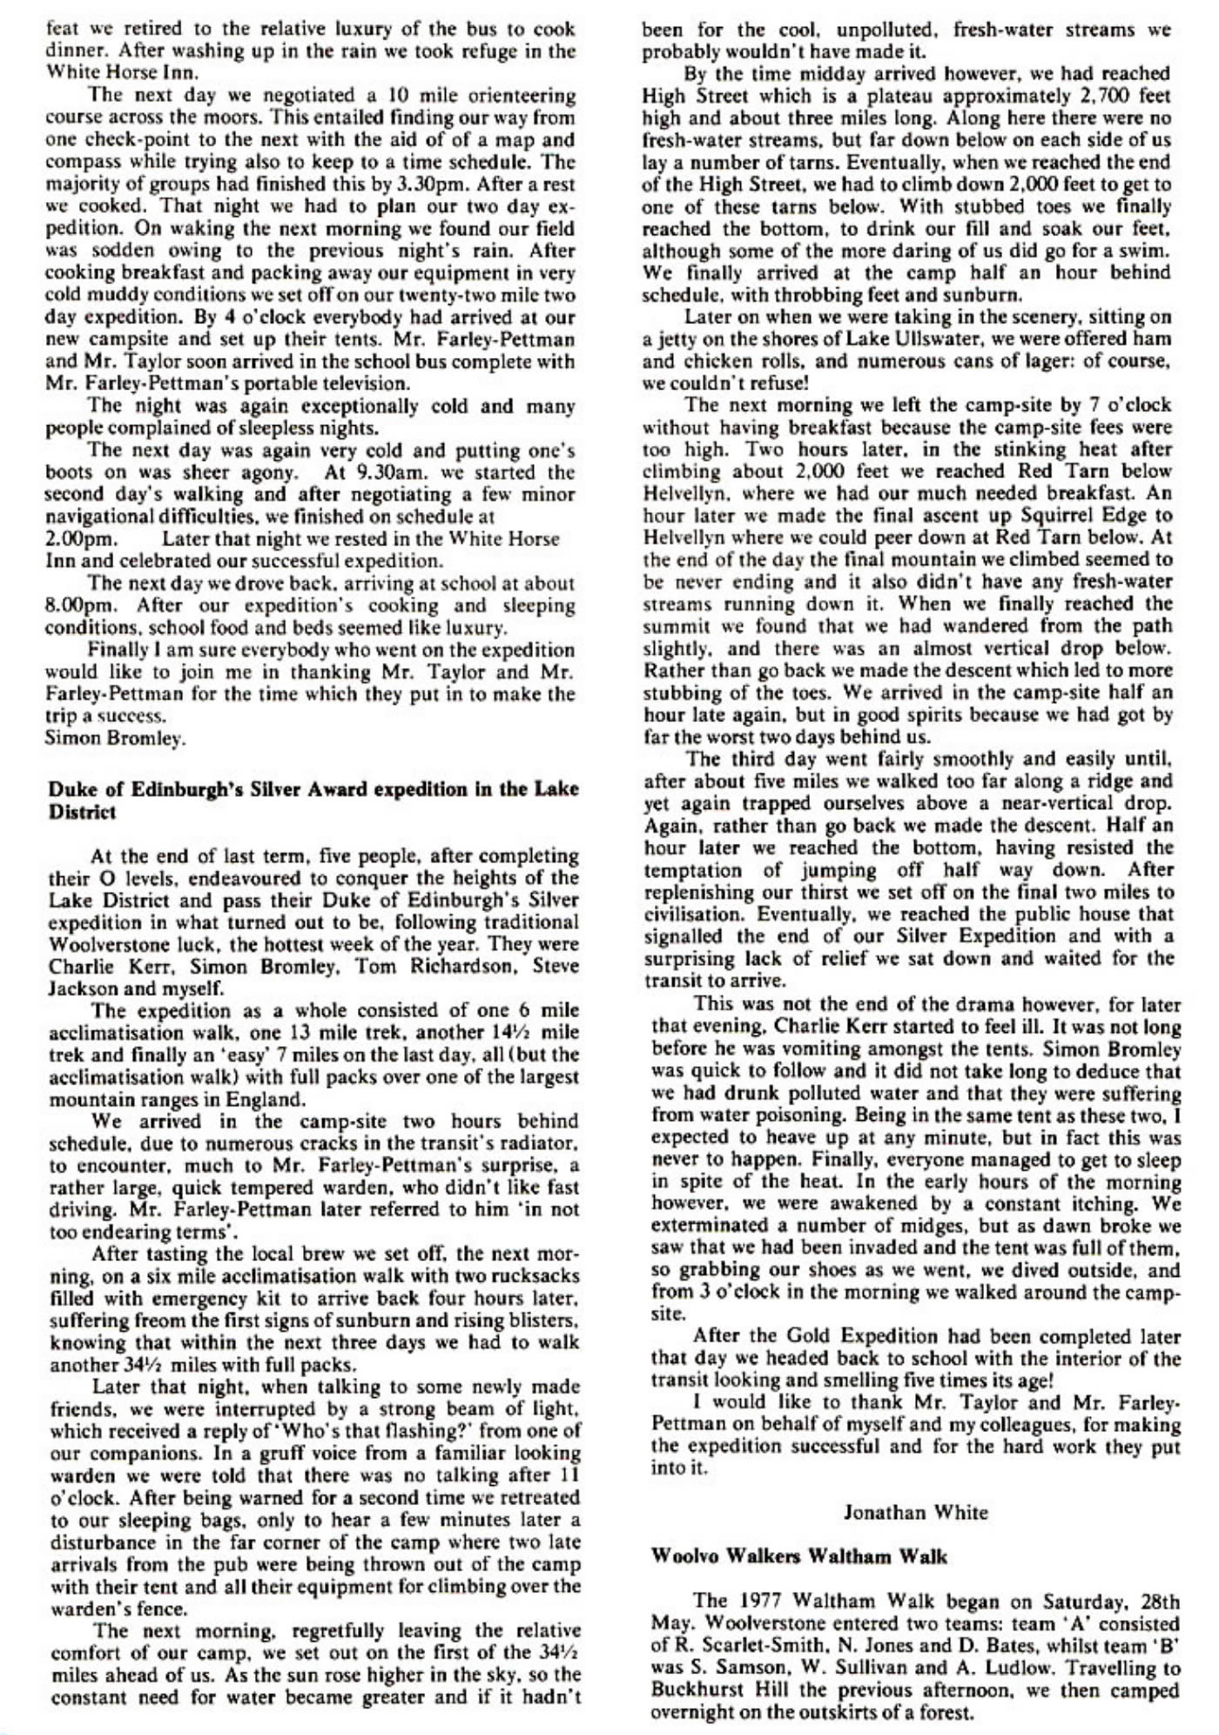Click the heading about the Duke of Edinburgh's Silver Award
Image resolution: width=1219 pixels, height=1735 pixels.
311,800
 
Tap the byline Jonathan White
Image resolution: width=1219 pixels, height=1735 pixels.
915,1511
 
